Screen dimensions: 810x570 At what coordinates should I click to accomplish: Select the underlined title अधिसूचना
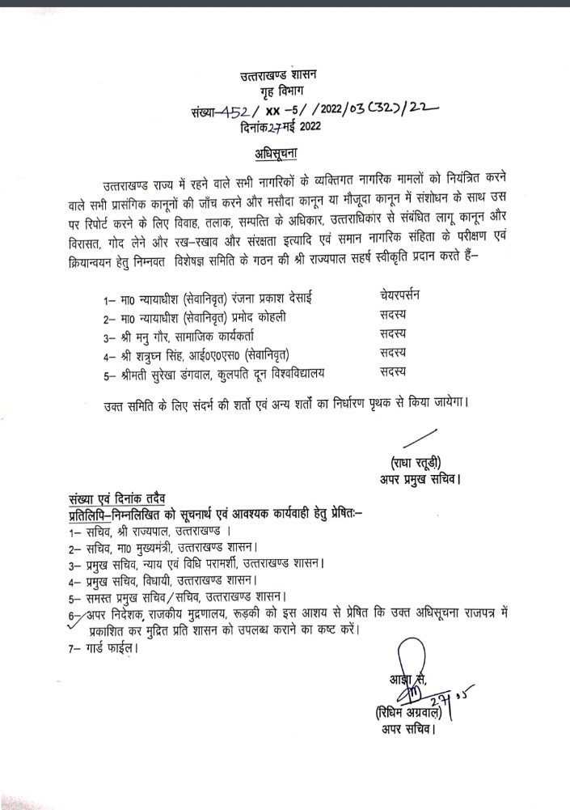pyautogui.click(x=284, y=153)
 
